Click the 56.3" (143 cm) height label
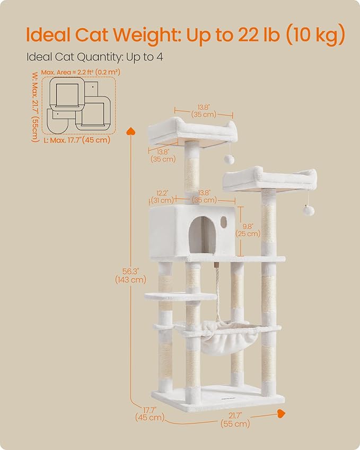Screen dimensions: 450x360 coord(130,275)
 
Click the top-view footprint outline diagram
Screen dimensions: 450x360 coord(80,105)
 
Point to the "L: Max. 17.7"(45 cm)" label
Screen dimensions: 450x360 coord(77,140)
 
